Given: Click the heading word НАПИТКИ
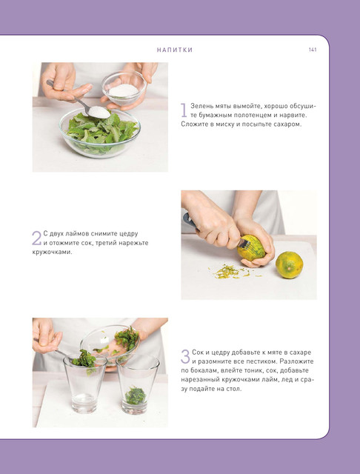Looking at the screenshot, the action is pos(175,50).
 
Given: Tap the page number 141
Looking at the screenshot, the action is pos(313,50).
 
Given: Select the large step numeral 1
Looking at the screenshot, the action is pos(184,110).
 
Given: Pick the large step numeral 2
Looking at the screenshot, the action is pos(36,238).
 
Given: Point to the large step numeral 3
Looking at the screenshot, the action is pos(185,356).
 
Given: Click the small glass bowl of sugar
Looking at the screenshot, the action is pos(124,88).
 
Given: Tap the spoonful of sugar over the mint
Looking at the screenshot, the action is pos(99,112).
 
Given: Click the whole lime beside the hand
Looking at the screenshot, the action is pos(290,265).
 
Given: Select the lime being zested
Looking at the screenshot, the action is pos(251,247).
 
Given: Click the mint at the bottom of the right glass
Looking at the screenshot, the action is pos(136,395).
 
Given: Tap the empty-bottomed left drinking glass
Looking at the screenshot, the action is pos(85,384).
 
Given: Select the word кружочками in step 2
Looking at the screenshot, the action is pos(52,252).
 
